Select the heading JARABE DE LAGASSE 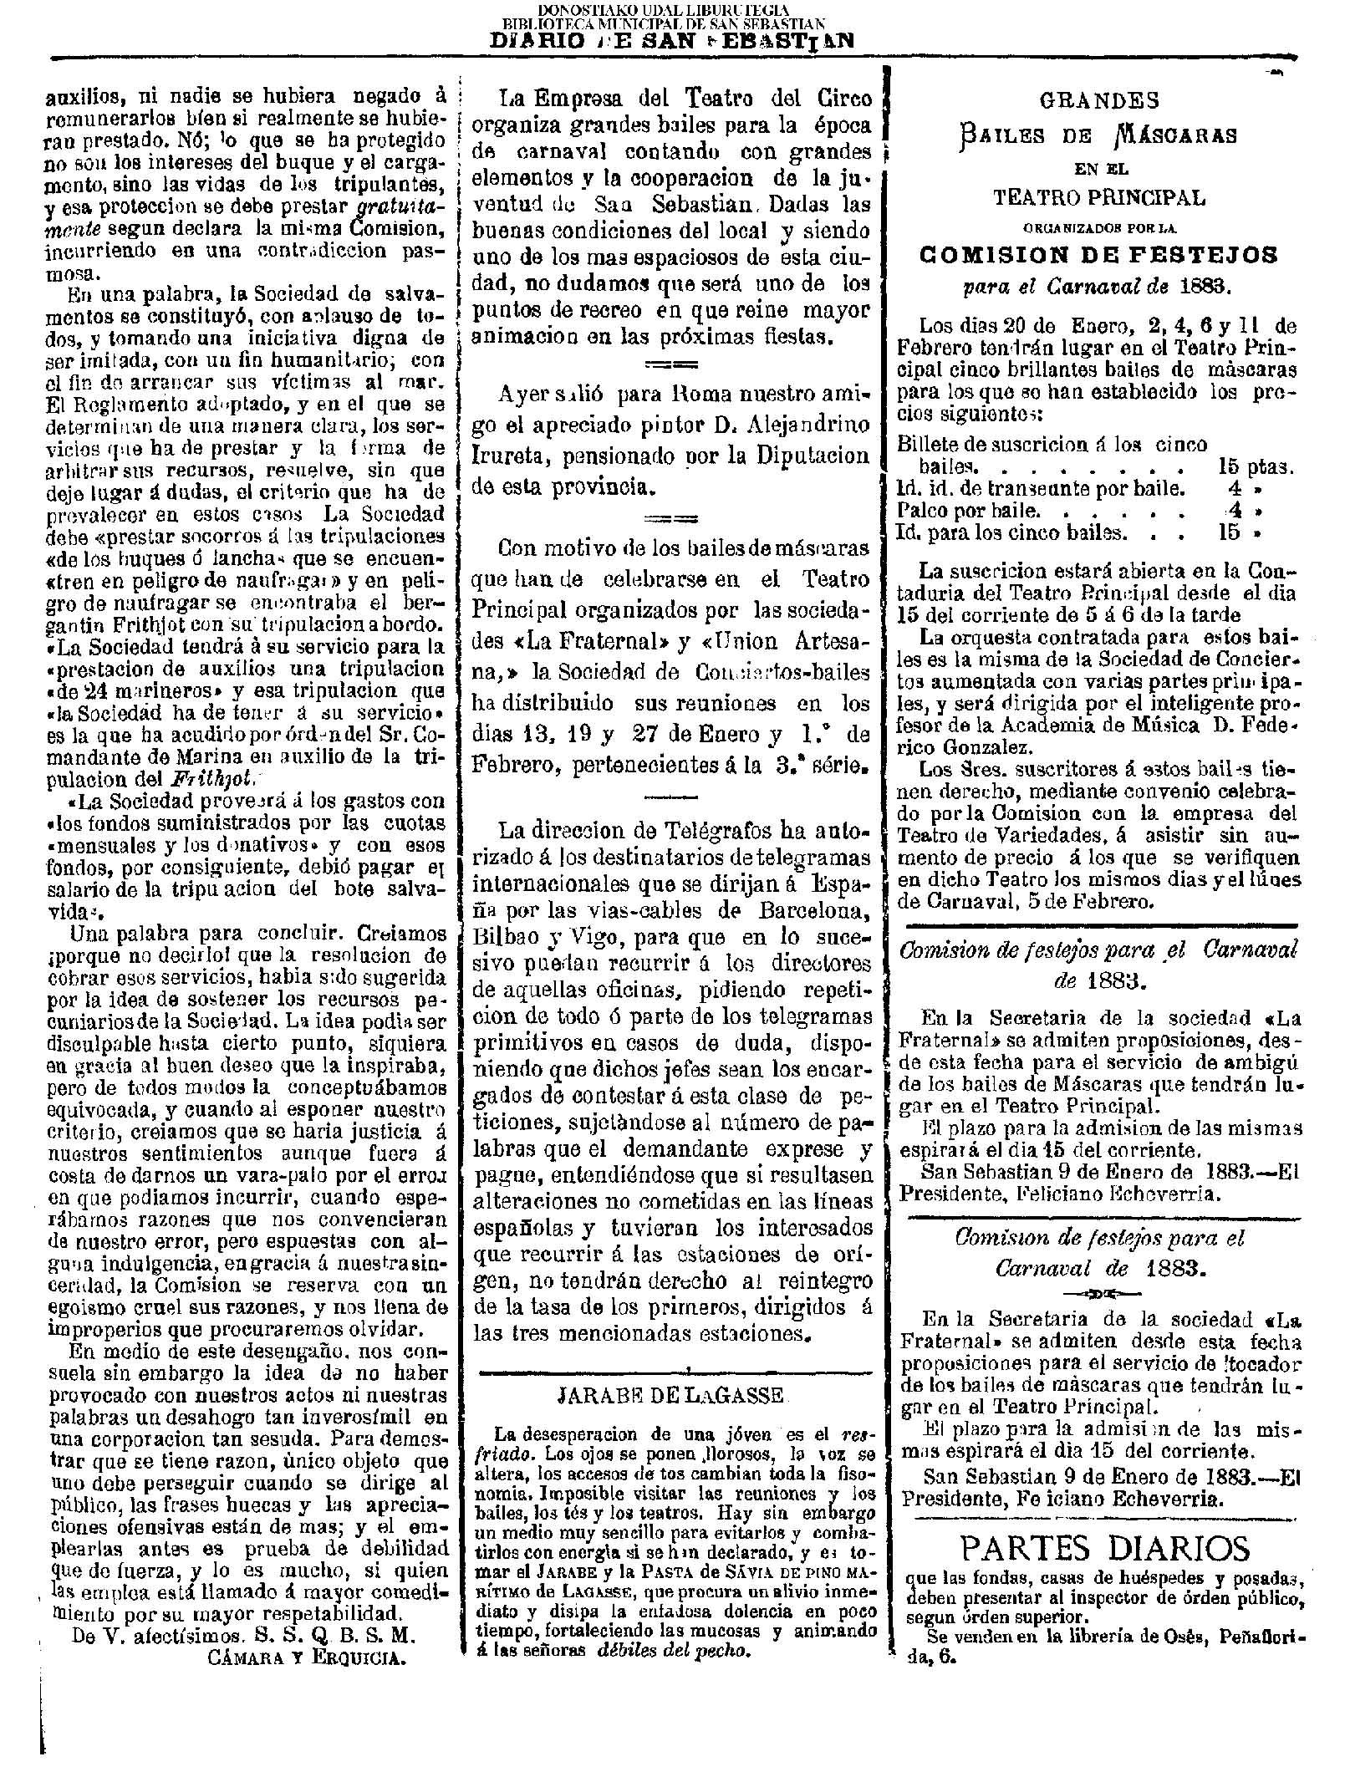tap(670, 1395)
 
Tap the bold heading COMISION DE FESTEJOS tap(1098, 255)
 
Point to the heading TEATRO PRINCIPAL tap(1099, 198)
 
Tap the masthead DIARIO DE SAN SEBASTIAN tap(672, 41)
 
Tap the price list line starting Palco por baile tap(968, 510)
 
